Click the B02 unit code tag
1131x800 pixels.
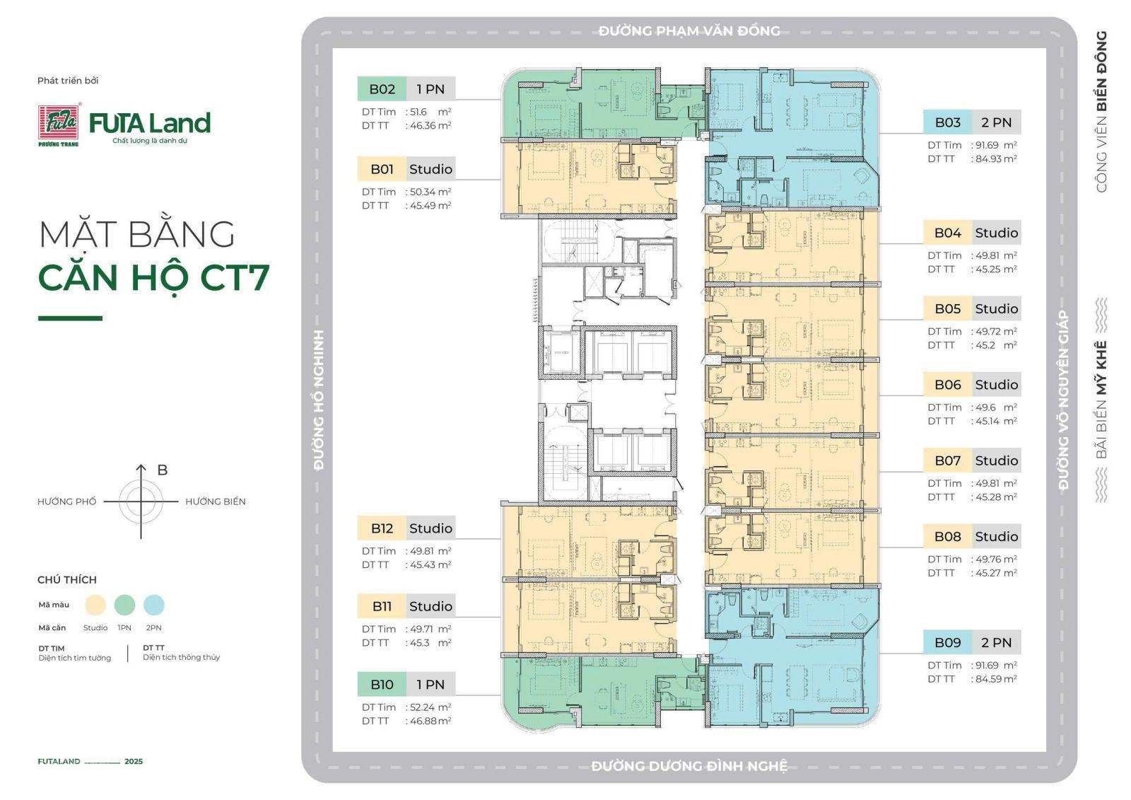(x=382, y=89)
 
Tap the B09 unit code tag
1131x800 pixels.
(x=947, y=642)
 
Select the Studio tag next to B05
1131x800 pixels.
(x=996, y=308)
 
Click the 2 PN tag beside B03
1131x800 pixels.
(x=996, y=122)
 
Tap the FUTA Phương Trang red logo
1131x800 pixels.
(x=59, y=124)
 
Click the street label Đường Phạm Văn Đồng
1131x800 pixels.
(x=689, y=31)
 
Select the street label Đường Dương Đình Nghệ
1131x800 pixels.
(x=689, y=766)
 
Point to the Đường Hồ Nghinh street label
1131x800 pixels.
(x=319, y=400)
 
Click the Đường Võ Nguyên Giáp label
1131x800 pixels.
(x=1063, y=400)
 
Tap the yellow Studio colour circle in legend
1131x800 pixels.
(x=95, y=605)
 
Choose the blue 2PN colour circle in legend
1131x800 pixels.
(x=154, y=605)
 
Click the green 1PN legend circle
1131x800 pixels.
(x=124, y=605)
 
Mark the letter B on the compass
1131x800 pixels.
(x=162, y=470)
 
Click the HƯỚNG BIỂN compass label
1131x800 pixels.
(x=215, y=502)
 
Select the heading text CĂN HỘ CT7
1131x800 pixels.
(x=154, y=277)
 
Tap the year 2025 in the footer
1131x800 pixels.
(x=134, y=761)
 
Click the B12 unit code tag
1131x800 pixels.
(x=382, y=528)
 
